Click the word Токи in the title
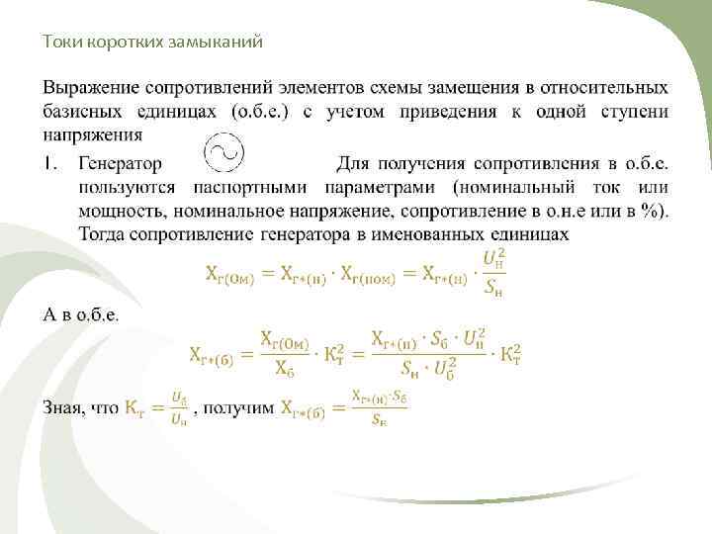pos(58,42)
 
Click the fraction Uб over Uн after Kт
pos(179,407)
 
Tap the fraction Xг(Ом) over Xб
pos(284,352)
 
